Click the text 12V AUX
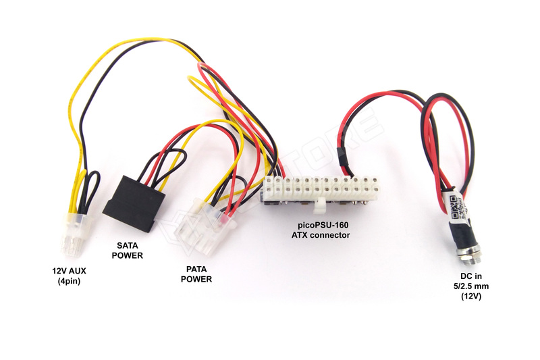click(x=70, y=271)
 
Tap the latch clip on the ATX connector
click(x=318, y=204)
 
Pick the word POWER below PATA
click(x=196, y=278)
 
